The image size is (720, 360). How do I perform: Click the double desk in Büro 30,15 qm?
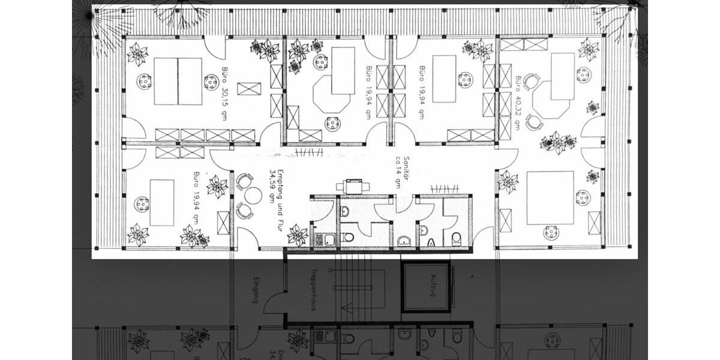point(178,82)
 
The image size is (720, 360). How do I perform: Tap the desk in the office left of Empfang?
point(161,203)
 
